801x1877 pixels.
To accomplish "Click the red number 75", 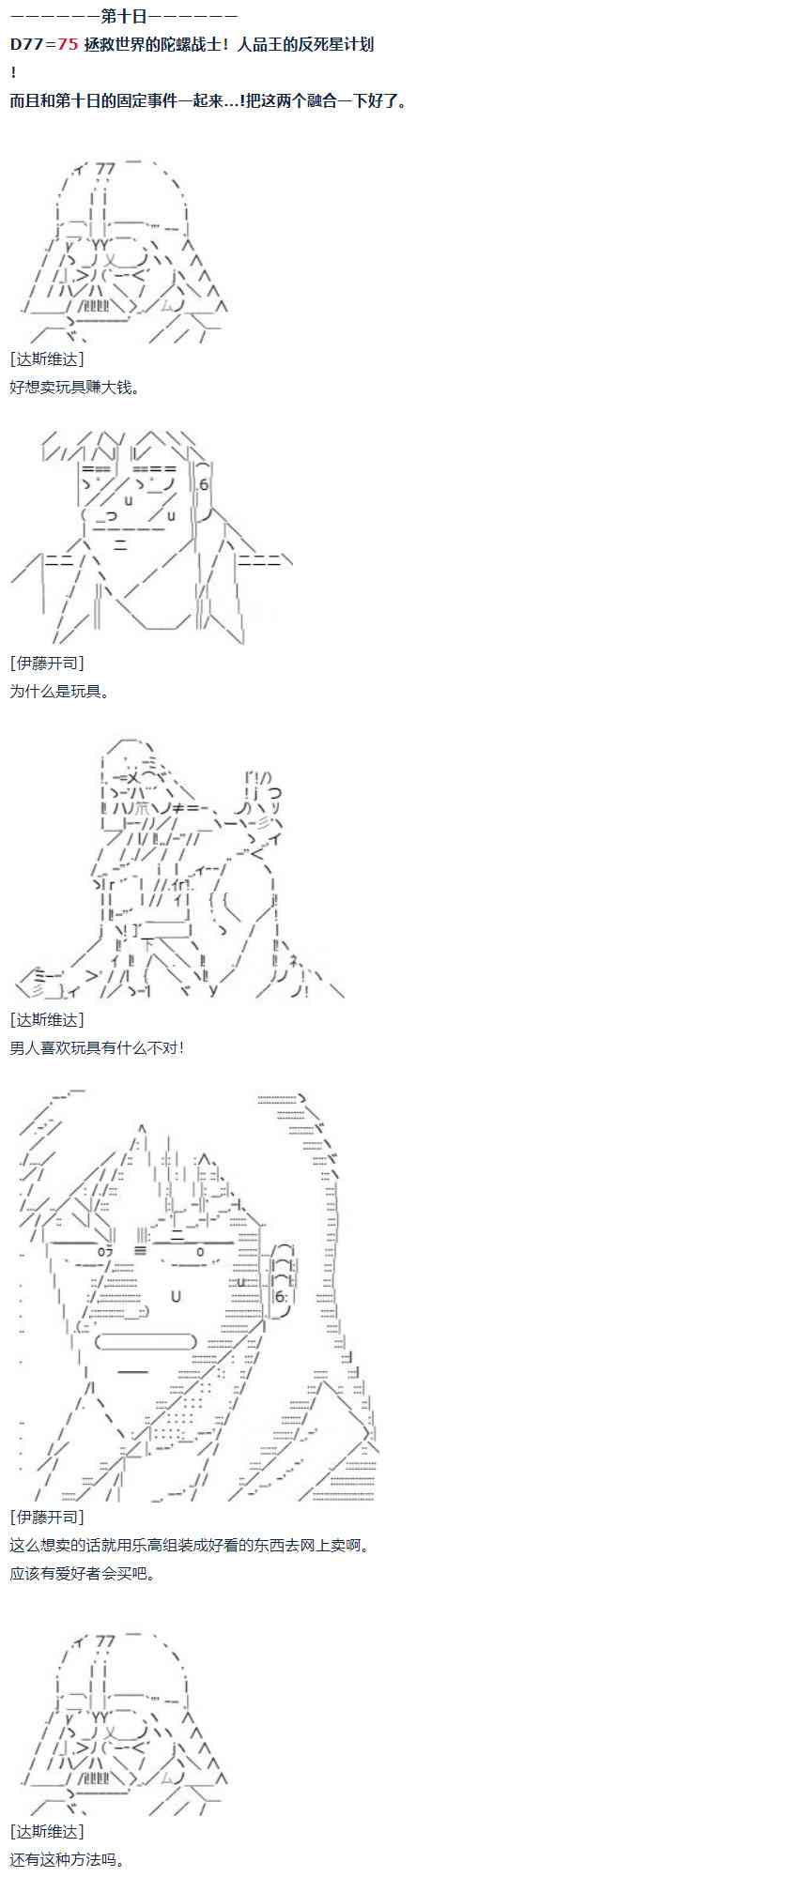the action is coord(67,44).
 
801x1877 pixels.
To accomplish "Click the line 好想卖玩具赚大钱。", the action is coord(75,387).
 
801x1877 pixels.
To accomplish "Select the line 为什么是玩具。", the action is coord(60,691).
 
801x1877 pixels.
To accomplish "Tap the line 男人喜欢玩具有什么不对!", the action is coord(97,1047).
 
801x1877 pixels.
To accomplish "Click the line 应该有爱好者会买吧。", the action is coord(83,1573).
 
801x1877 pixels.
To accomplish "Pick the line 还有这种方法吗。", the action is coord(68,1858).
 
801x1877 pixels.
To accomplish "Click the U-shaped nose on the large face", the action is coord(176,1296).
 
